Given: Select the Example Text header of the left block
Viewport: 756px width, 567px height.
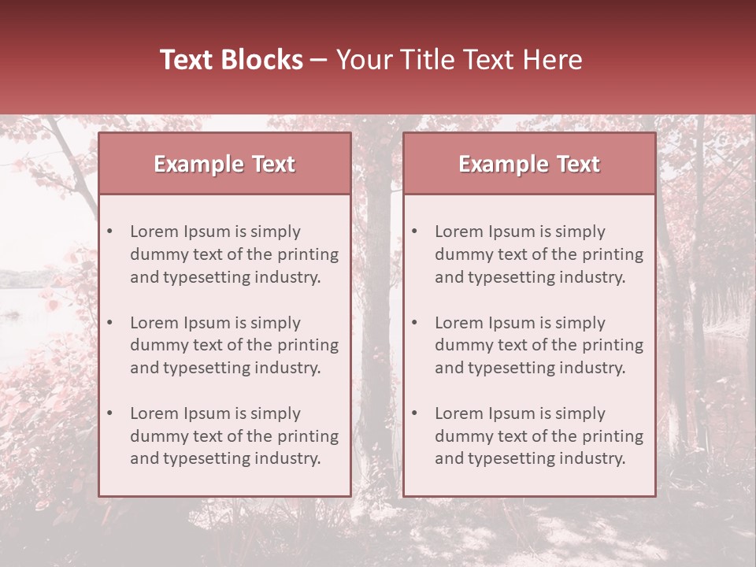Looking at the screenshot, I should (x=224, y=164).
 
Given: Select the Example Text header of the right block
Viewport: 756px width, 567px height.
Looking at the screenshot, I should (x=529, y=164).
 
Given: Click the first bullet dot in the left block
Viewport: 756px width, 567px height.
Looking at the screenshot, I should (x=110, y=232).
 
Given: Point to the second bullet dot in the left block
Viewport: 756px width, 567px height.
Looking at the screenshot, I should (x=110, y=323).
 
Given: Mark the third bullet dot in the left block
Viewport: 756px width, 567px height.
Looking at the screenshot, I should (x=110, y=413).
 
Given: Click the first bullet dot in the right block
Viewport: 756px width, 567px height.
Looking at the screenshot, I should (x=415, y=232).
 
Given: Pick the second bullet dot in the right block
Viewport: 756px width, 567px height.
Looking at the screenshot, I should (x=415, y=323).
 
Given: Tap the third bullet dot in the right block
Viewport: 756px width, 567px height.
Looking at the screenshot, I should (x=415, y=413).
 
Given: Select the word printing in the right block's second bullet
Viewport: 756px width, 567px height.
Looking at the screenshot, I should (x=613, y=345).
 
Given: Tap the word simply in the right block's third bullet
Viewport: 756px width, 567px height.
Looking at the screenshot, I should (x=580, y=413).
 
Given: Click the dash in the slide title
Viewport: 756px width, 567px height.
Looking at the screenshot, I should (x=319, y=61).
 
